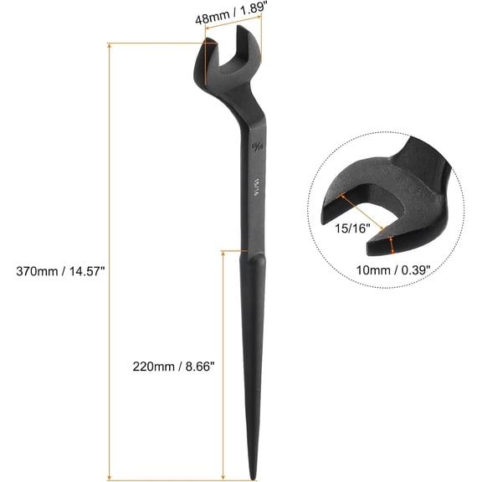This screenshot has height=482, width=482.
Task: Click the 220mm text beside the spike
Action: [x=154, y=366]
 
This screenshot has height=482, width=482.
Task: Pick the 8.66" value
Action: [x=200, y=366]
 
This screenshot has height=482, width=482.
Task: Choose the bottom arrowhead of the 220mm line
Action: [x=223, y=477]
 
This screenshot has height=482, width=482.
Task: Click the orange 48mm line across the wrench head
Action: [x=233, y=32]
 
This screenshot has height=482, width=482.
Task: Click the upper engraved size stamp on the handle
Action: [x=255, y=144]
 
